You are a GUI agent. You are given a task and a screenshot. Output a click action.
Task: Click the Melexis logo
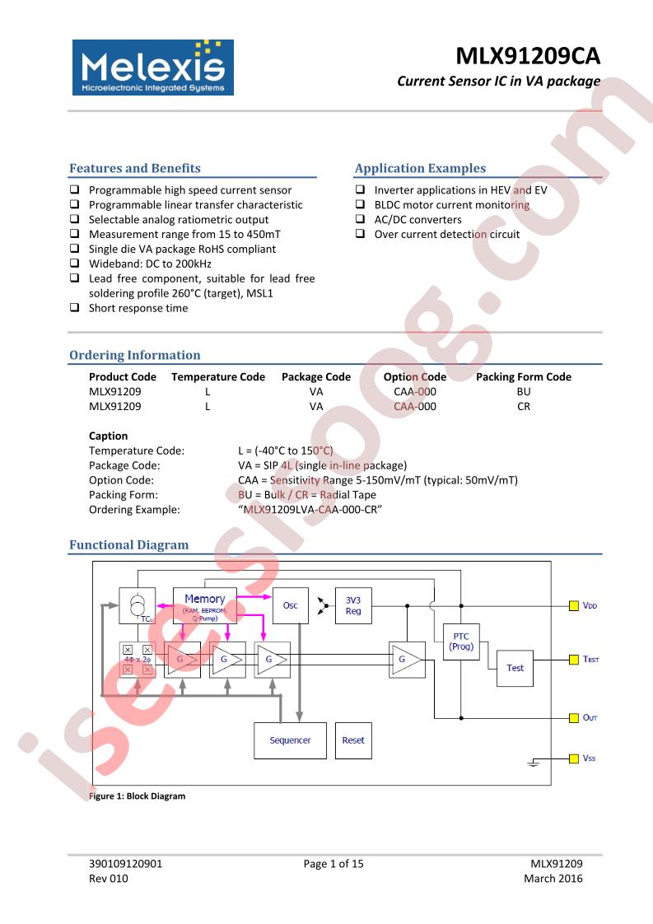click(153, 68)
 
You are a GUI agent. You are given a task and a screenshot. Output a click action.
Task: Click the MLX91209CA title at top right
click(528, 56)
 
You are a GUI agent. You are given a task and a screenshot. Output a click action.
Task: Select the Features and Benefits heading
click(135, 168)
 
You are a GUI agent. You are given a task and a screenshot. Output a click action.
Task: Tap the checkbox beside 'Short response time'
click(74, 307)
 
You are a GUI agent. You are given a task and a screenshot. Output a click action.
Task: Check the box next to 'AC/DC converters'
click(360, 218)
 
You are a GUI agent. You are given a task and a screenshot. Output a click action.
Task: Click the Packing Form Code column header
click(524, 376)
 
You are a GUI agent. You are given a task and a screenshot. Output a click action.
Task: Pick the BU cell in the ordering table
click(524, 391)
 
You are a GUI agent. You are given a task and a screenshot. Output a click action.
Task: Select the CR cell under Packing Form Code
click(524, 406)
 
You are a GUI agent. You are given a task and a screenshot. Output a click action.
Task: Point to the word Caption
click(109, 436)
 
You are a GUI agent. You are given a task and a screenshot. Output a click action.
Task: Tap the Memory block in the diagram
click(204, 605)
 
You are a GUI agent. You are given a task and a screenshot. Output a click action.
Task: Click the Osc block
click(291, 605)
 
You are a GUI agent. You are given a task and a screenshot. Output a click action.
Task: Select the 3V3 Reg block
click(353, 605)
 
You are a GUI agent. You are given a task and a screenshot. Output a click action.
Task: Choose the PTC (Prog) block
click(461, 642)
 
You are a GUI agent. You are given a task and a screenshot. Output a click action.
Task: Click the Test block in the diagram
click(515, 668)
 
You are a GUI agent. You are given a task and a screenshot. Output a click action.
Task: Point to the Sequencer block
click(290, 740)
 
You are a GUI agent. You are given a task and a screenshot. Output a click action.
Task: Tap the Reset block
click(353, 740)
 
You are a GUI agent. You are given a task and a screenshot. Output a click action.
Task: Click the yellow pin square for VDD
click(573, 606)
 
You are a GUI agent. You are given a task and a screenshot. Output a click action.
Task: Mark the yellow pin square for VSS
click(573, 758)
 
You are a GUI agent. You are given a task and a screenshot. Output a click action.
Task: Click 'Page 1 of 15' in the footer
click(333, 864)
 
